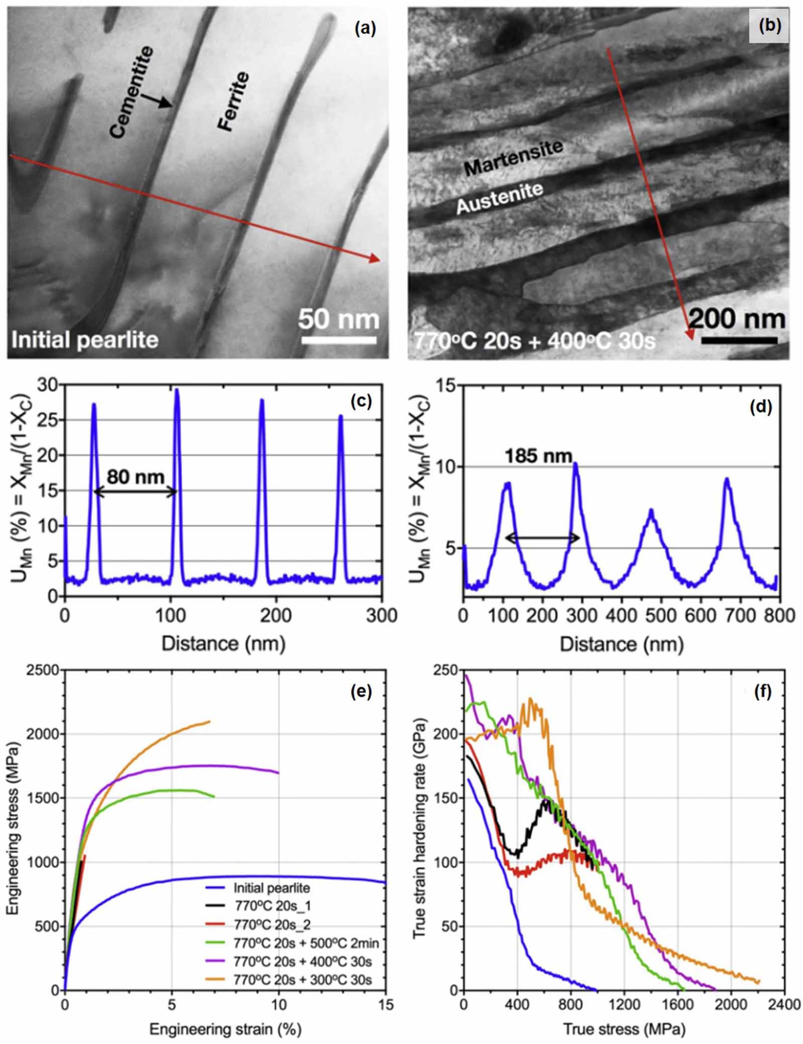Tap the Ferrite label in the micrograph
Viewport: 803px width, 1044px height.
(x=233, y=101)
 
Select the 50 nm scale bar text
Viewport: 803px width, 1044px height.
(x=339, y=319)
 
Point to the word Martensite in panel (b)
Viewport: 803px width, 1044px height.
(x=513, y=158)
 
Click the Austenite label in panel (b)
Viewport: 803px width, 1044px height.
(x=499, y=199)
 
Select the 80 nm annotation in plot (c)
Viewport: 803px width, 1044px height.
(x=136, y=476)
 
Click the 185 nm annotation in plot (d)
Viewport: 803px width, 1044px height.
(x=538, y=456)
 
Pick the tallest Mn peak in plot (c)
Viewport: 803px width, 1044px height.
(x=177, y=390)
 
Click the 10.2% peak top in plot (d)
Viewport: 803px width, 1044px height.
(x=576, y=464)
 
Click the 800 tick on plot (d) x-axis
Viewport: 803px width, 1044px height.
(x=781, y=615)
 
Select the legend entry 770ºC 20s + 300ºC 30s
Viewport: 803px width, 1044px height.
(x=303, y=979)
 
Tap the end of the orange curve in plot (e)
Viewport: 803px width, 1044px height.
(x=209, y=722)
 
